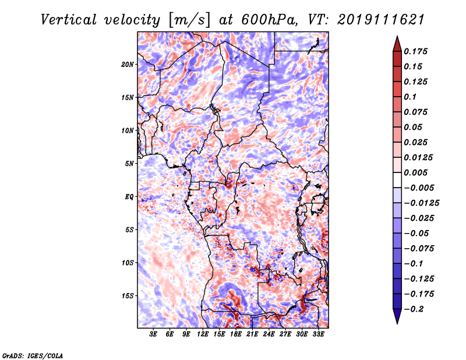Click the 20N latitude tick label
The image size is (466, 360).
coord(128,64)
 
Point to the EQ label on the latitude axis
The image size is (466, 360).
coord(129,197)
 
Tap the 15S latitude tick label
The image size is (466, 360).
coord(128,296)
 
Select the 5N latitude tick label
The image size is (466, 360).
coord(129,164)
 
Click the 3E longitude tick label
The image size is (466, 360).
coord(154,335)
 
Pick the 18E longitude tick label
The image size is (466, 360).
coord(236,335)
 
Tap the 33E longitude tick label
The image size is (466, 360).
coord(318,335)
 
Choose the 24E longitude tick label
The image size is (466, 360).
coord(269,335)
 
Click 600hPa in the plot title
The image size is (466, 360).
coord(260,19)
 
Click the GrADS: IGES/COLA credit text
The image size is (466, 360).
coord(32,355)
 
